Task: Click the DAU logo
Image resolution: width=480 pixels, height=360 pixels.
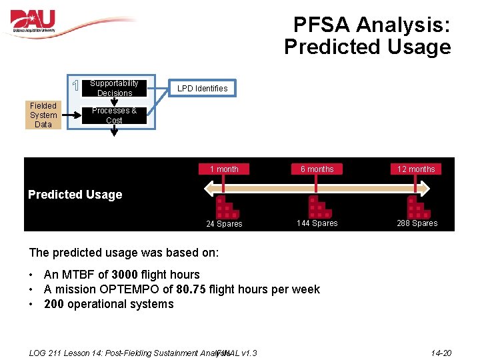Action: (33, 22)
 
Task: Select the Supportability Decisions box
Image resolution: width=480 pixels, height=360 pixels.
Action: (114, 88)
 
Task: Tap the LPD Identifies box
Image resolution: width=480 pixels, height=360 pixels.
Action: (202, 88)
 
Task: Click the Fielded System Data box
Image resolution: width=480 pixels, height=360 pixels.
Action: (43, 115)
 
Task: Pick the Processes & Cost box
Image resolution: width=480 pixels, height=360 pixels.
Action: (114, 115)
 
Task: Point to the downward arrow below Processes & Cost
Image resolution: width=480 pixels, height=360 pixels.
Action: (114, 131)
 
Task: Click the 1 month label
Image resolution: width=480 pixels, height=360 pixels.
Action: (224, 169)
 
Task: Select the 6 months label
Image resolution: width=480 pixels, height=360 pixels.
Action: (317, 169)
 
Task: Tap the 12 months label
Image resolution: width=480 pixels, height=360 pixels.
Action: (416, 169)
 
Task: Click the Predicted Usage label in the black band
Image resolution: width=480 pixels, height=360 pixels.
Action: (75, 195)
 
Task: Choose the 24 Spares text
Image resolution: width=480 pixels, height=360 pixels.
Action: (224, 224)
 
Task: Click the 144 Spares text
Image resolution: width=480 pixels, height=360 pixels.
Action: (317, 223)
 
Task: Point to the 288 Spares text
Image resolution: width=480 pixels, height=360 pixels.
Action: (417, 223)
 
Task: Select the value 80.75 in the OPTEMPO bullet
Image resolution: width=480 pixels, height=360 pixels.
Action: (190, 289)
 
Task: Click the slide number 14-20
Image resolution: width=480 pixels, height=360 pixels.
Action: (441, 353)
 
